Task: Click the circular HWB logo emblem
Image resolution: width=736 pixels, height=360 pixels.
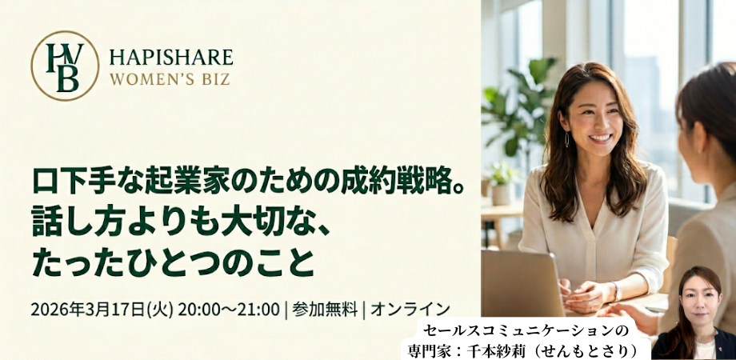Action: pyautogui.click(x=65, y=66)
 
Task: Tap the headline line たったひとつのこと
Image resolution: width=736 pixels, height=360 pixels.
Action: pyautogui.click(x=172, y=263)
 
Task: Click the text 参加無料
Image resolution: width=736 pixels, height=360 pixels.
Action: pyautogui.click(x=325, y=309)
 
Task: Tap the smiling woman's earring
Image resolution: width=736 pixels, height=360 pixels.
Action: pyautogui.click(x=567, y=139)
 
